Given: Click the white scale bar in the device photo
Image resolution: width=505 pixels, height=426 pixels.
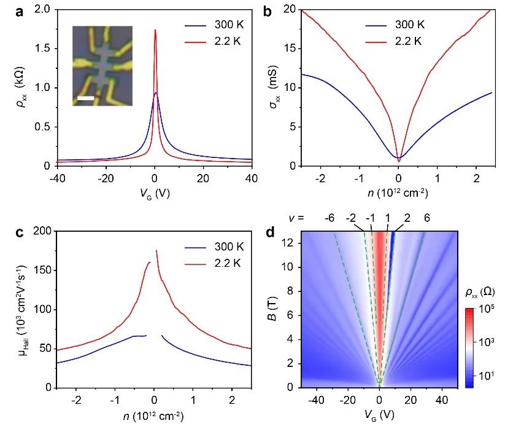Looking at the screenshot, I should pos(85,98).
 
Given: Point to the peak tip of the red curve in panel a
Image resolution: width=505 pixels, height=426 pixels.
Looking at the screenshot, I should pos(155,30).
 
